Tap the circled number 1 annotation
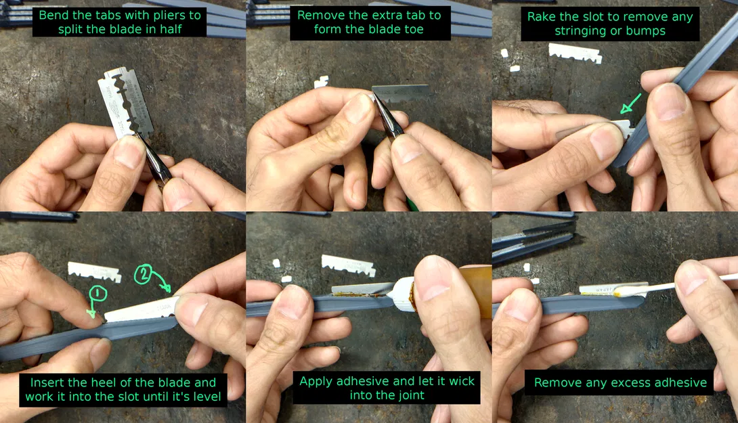pyautogui.click(x=97, y=293)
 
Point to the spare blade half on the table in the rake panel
pyautogui.click(x=575, y=53)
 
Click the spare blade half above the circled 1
pyautogui.click(x=94, y=271)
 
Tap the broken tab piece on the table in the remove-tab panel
pyautogui.click(x=322, y=82)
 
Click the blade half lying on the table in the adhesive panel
pyautogui.click(x=348, y=265)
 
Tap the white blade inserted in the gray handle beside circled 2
pyautogui.click(x=142, y=309)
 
